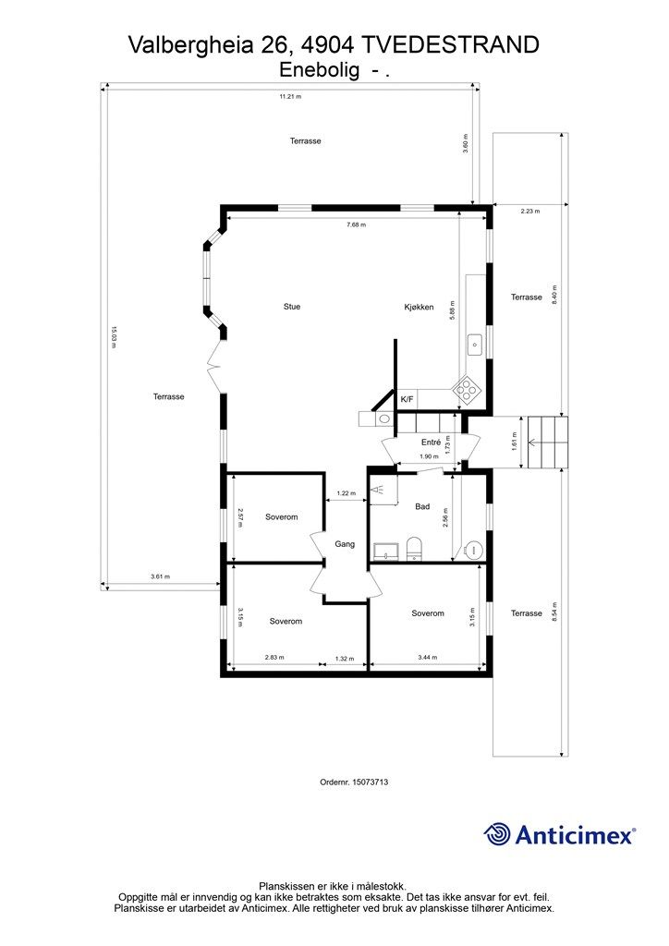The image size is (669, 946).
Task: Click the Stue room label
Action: [292, 307]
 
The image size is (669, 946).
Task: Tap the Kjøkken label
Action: [419, 307]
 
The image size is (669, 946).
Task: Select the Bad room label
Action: [422, 506]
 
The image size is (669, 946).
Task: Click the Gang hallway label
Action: [345, 544]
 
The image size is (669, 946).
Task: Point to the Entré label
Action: [431, 443]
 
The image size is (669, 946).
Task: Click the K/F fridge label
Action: [407, 399]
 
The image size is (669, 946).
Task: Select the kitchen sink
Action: [475, 345]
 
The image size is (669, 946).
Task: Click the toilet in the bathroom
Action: [415, 548]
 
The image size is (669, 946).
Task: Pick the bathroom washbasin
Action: [386, 552]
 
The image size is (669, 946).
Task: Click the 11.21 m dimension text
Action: [290, 96]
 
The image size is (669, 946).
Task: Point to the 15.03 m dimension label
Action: [113, 337]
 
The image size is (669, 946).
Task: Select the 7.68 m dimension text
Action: [356, 224]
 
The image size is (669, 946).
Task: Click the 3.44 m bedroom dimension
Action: [427, 658]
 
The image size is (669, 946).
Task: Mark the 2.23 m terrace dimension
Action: [530, 212]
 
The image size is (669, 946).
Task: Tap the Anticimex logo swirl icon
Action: [497, 835]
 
